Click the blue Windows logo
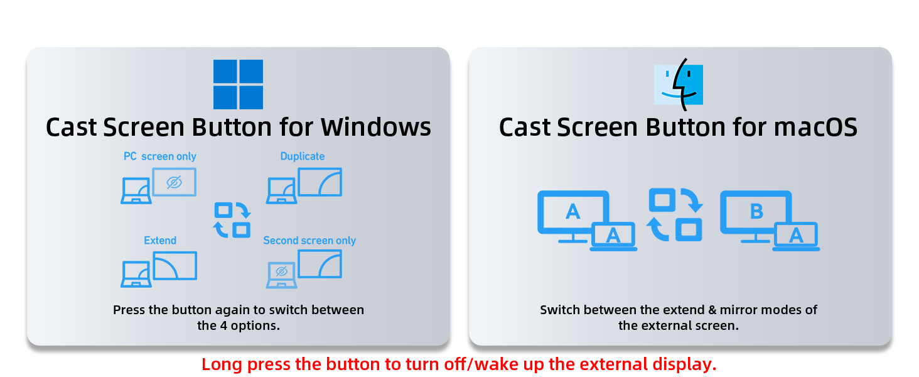[238, 84]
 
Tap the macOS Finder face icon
[678, 84]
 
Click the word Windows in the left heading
[376, 128]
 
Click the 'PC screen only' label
[159, 156]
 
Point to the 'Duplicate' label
[303, 156]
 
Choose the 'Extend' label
[160, 241]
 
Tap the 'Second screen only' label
[309, 241]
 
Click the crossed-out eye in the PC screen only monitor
[175, 182]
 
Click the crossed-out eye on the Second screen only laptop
[281, 271]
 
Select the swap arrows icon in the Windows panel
[232, 220]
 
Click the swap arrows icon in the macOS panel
[675, 215]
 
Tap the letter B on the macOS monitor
[756, 212]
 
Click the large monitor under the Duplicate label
[320, 182]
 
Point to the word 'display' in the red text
[689, 364]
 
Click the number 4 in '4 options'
[222, 325]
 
